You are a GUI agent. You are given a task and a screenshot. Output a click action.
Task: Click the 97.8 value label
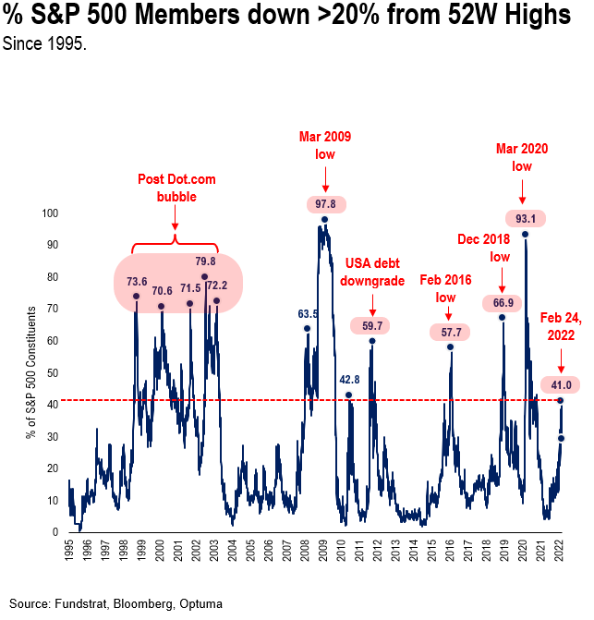point(325,203)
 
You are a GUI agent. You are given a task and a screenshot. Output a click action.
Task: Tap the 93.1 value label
point(525,219)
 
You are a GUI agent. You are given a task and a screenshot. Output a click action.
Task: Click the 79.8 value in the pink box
point(204,261)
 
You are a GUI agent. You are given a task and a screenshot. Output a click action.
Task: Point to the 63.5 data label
point(309,314)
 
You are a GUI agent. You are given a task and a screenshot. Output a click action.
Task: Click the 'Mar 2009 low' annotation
point(325,146)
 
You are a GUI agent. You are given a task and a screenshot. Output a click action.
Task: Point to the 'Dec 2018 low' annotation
point(484,248)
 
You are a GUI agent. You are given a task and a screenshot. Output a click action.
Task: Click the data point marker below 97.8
point(325,220)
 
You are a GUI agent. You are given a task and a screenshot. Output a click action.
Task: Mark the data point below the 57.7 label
point(450,346)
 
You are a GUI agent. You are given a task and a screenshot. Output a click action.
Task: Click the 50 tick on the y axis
point(53,373)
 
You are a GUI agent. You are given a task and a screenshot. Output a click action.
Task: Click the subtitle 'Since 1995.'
point(44,43)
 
